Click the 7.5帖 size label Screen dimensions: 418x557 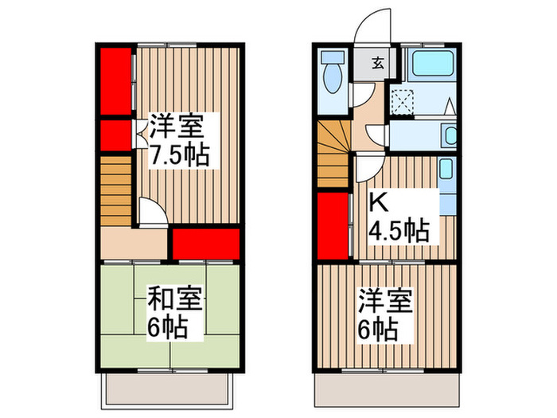[x=181, y=154]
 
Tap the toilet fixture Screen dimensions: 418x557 [x=333, y=72]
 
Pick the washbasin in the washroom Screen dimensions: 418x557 [x=450, y=135]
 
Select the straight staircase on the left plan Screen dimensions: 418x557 [x=115, y=189]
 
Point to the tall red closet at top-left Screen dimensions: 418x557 [x=115, y=80]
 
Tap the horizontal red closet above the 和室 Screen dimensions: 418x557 [x=206, y=244]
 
